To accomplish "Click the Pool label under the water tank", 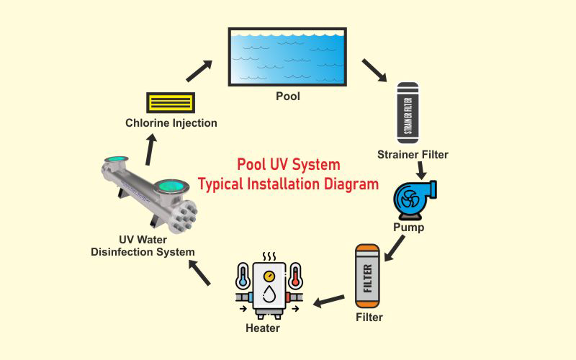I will click(x=287, y=96).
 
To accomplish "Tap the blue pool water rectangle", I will click(x=287, y=57).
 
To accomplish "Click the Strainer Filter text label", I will click(x=413, y=155).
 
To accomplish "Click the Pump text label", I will click(x=408, y=228).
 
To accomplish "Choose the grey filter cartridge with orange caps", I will click(x=367, y=276).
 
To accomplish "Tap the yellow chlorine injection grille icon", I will click(x=171, y=103).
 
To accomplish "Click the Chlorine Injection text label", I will click(x=171, y=123).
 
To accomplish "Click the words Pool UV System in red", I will click(x=288, y=164).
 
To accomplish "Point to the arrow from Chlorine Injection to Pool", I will click(x=199, y=71).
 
